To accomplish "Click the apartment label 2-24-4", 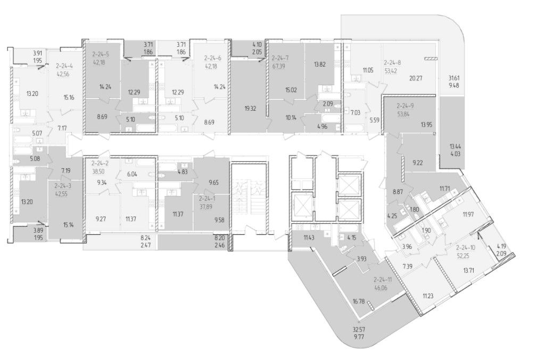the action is (x=65, y=65).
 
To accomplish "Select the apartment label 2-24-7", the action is (x=280, y=58).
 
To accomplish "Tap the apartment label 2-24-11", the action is (x=383, y=280).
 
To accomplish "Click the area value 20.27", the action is (x=416, y=78).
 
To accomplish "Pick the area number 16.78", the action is (x=359, y=301).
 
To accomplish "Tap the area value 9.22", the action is (x=417, y=163).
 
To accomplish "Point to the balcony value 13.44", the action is (x=455, y=147).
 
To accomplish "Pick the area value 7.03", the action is (x=355, y=112).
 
